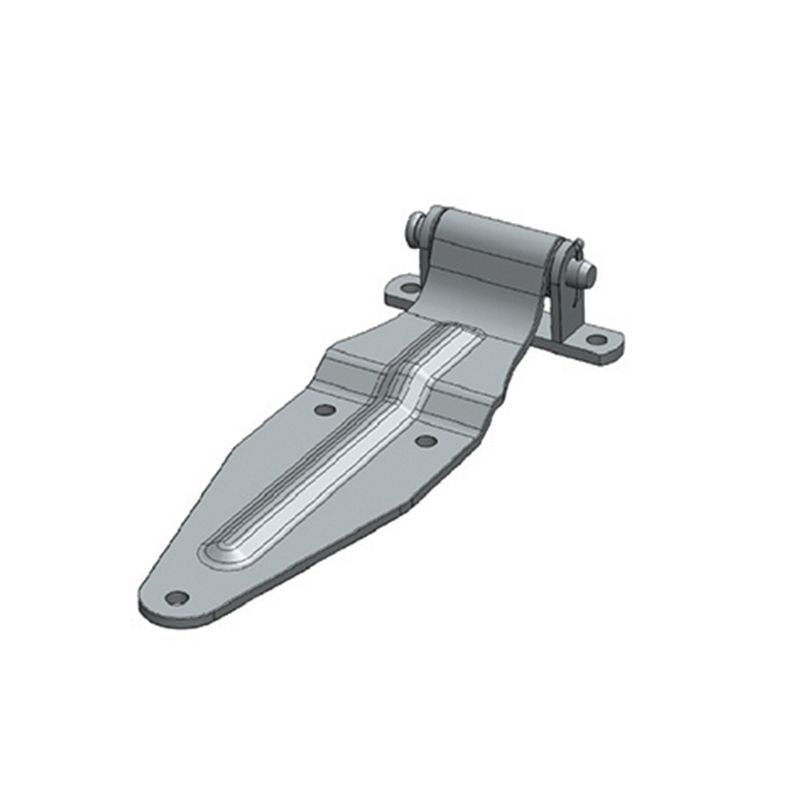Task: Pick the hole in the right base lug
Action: pos(596,340)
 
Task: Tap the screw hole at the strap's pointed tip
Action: pos(177,598)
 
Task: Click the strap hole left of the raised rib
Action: pos(323,409)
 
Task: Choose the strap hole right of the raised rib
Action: pos(425,440)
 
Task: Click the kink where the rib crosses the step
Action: pos(400,380)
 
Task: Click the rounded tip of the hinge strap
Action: pos(160,605)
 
